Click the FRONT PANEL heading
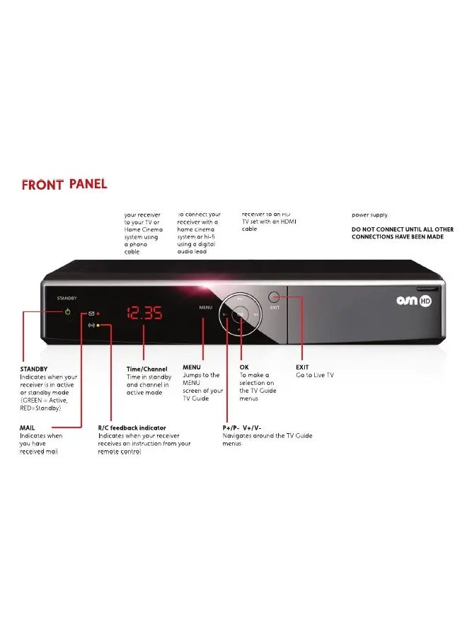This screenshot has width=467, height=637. [64, 185]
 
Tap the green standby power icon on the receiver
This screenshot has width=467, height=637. [68, 311]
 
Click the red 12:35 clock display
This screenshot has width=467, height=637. [144, 313]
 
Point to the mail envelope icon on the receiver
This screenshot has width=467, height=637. [91, 313]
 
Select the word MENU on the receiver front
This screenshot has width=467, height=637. [205, 308]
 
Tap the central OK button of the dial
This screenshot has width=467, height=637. [241, 314]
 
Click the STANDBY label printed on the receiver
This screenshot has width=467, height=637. [67, 299]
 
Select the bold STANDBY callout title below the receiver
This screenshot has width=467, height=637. [34, 369]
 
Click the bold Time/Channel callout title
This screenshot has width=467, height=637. [147, 369]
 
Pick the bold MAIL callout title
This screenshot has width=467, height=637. [28, 428]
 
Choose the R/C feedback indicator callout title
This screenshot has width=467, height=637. [132, 428]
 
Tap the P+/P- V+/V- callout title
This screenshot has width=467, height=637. [242, 428]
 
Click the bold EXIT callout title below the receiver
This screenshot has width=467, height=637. [302, 367]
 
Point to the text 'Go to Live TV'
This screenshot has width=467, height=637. [315, 375]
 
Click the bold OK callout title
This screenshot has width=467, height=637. [244, 367]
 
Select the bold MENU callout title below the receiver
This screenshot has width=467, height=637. [192, 367]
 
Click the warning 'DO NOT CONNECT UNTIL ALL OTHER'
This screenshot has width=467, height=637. [403, 229]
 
